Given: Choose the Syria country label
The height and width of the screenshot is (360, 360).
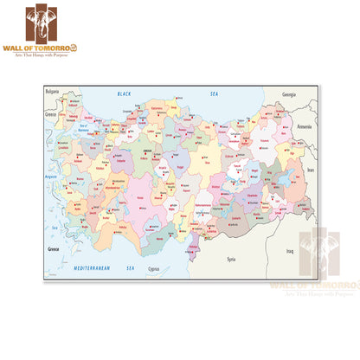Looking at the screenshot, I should tap(230, 259).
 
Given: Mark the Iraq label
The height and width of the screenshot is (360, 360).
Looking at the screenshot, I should tap(291, 251).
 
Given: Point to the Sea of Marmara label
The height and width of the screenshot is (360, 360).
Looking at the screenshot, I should tap(84, 129).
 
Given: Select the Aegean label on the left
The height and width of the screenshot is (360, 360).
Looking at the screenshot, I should tap(52, 176).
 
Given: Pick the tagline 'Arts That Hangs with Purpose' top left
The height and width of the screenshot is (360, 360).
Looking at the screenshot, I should tap(40, 55).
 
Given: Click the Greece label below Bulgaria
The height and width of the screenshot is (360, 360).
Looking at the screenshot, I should tap(51, 112).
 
